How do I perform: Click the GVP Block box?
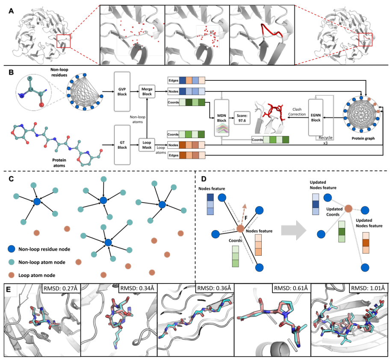[122, 91]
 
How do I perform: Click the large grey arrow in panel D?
[294, 231]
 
